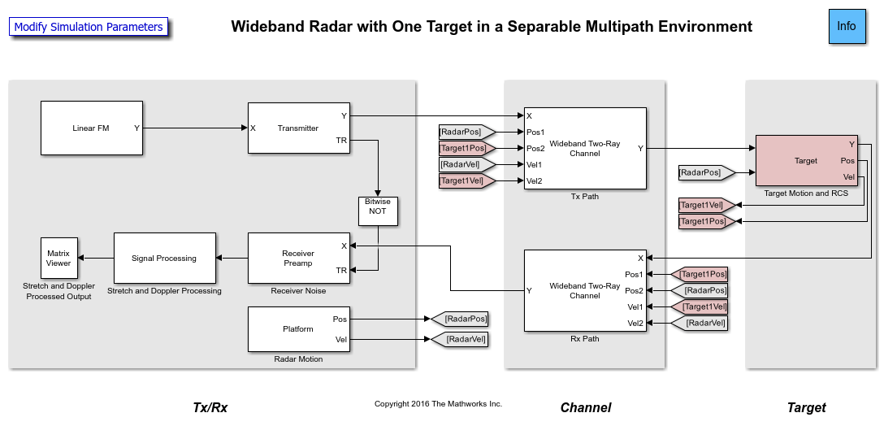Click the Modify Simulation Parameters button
pyautogui.click(x=89, y=27)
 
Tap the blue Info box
pyautogui.click(x=847, y=26)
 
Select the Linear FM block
pyautogui.click(x=92, y=128)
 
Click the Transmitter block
pyautogui.click(x=298, y=128)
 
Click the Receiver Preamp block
pyautogui.click(x=298, y=258)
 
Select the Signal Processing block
pyautogui.click(x=164, y=258)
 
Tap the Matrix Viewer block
pyautogui.click(x=58, y=258)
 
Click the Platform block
pyautogui.click(x=298, y=329)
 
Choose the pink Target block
pyautogui.click(x=806, y=161)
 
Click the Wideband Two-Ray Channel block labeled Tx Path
pyautogui.click(x=585, y=148)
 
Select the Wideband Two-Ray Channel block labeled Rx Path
pyautogui.click(x=585, y=290)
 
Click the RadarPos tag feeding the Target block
pyautogui.click(x=704, y=172)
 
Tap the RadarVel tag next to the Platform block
pyautogui.click(x=461, y=339)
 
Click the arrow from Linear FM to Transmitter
pyautogui.click(x=195, y=128)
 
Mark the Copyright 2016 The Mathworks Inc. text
pyautogui.click(x=438, y=404)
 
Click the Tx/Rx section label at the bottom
pyautogui.click(x=210, y=407)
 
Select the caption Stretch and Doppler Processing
pyautogui.click(x=164, y=290)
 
